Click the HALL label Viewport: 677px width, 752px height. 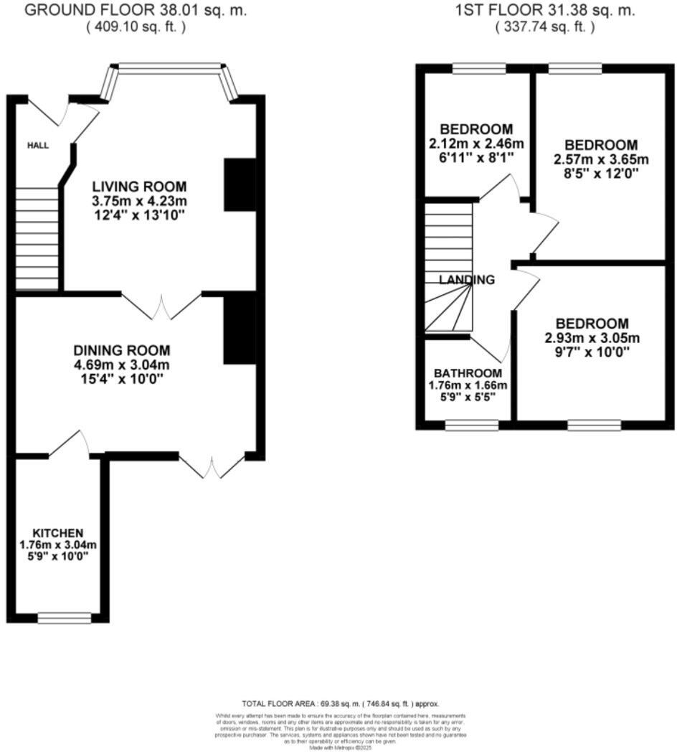tap(38, 146)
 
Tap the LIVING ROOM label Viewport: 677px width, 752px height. tap(129, 187)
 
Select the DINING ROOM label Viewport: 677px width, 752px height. tap(122, 350)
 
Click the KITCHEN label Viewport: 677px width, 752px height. tap(57, 533)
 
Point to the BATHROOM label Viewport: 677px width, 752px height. tap(467, 373)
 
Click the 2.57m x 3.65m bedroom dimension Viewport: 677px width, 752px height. tap(600, 159)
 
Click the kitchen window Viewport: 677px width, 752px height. tap(65, 617)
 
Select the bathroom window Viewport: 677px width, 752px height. tap(471, 426)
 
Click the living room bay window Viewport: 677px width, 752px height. tap(171, 69)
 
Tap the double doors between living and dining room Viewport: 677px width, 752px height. tap(161, 306)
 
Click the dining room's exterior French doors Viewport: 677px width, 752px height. tap(212, 466)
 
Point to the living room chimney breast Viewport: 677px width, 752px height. tap(240, 185)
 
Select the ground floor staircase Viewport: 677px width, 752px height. tap(37, 238)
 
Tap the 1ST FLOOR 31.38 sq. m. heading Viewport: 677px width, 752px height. tap(545, 11)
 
